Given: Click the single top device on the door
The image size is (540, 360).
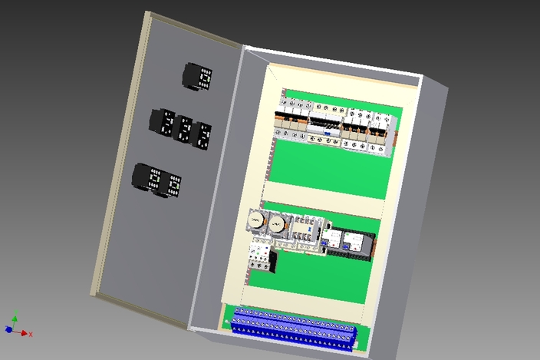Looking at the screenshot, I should pyautogui.click(x=198, y=78).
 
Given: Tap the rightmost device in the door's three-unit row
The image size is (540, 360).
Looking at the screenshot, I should pyautogui.click(x=202, y=135).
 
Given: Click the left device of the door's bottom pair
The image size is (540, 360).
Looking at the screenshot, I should pyautogui.click(x=151, y=179).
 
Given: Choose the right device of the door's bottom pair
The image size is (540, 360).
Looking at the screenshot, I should pyautogui.click(x=172, y=185).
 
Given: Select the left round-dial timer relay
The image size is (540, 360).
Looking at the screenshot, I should pyautogui.click(x=255, y=223).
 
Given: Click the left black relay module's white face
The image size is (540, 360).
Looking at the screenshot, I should pyautogui.click(x=336, y=239).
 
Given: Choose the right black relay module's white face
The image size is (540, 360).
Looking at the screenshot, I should pyautogui.click(x=355, y=243).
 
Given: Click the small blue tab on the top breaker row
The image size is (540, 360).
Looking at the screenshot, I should pyautogui.click(x=328, y=132).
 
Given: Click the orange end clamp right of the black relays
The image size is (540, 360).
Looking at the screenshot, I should pyautogui.click(x=375, y=245).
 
